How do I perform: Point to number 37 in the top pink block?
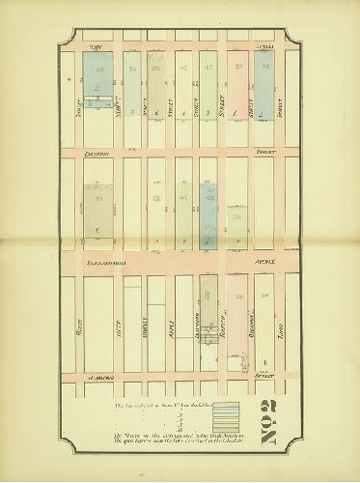(x=237, y=68)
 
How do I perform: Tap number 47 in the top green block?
(x=209, y=68)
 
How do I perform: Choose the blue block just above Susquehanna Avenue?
(x=208, y=214)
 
